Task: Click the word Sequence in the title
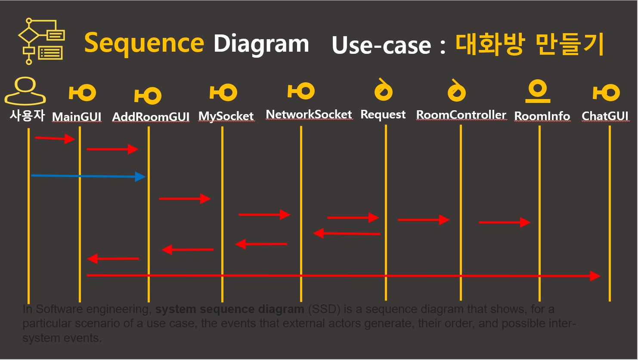coord(144,43)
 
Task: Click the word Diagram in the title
coord(261,43)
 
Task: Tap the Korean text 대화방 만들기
coord(530,44)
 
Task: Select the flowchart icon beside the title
coord(41,41)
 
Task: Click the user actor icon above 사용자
coord(25,91)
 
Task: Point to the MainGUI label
coord(77,117)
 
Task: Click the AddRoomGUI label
coord(151,117)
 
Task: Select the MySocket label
coord(226,116)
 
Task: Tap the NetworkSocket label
coord(309,115)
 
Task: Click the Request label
coord(383,115)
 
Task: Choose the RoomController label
coord(461,115)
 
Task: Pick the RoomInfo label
coord(542,116)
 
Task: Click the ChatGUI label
coord(605,116)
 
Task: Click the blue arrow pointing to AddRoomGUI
coord(88,176)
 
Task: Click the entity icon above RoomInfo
coord(538,91)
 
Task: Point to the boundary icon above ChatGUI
coord(606,93)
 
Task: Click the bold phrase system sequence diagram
coord(229,309)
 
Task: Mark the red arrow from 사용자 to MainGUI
coord(55,138)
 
